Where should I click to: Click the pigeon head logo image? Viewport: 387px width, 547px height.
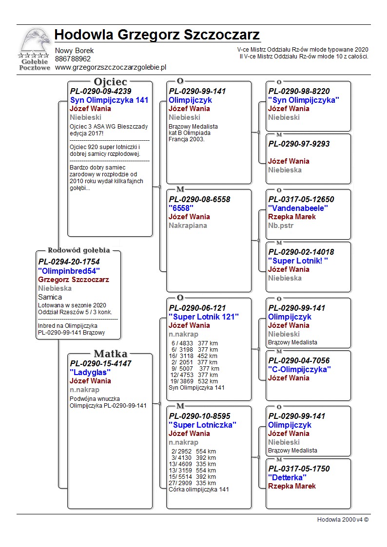[x=34, y=43]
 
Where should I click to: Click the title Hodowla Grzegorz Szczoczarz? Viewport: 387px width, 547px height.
[x=157, y=35]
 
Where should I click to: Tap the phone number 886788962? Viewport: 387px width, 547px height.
[x=73, y=59]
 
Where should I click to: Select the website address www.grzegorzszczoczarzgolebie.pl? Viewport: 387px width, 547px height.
[x=111, y=68]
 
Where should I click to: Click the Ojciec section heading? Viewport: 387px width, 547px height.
[x=110, y=82]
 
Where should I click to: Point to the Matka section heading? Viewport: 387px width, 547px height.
[x=110, y=354]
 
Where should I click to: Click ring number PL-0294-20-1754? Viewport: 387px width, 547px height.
[x=69, y=262]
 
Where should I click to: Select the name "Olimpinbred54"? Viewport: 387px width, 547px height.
[x=69, y=271]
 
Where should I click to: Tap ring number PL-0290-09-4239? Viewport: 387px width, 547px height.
[x=100, y=91]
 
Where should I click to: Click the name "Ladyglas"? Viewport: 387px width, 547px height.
[x=90, y=372]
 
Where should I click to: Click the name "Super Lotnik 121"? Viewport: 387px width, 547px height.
[x=204, y=317]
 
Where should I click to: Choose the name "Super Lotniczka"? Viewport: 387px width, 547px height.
[x=202, y=425]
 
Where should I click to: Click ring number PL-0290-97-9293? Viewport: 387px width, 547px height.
[x=299, y=144]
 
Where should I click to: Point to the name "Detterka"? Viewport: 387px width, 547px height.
[x=291, y=477]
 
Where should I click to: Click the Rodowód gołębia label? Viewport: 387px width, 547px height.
[x=78, y=250]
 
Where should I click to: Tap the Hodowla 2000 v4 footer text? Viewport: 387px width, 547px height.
[x=343, y=519]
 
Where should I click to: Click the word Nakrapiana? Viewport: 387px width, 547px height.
[x=188, y=226]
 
